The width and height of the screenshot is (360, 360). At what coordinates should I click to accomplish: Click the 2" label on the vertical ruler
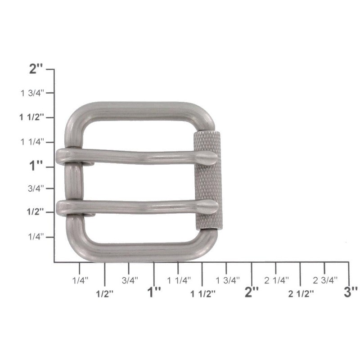36,69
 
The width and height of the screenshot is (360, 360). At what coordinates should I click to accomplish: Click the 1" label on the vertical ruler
36,166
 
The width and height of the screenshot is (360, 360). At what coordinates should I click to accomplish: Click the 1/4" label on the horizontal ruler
81,280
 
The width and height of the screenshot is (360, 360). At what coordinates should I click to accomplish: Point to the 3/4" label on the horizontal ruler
130,280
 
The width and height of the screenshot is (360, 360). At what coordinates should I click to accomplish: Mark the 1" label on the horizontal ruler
154,292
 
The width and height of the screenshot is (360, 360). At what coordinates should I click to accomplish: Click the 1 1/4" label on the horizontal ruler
179,280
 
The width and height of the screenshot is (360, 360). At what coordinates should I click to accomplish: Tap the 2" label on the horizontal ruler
252,292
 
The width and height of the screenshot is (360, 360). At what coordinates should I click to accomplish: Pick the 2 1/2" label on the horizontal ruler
301,293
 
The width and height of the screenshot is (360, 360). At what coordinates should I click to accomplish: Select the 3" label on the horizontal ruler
350,292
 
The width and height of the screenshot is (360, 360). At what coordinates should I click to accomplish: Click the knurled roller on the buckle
207,180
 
